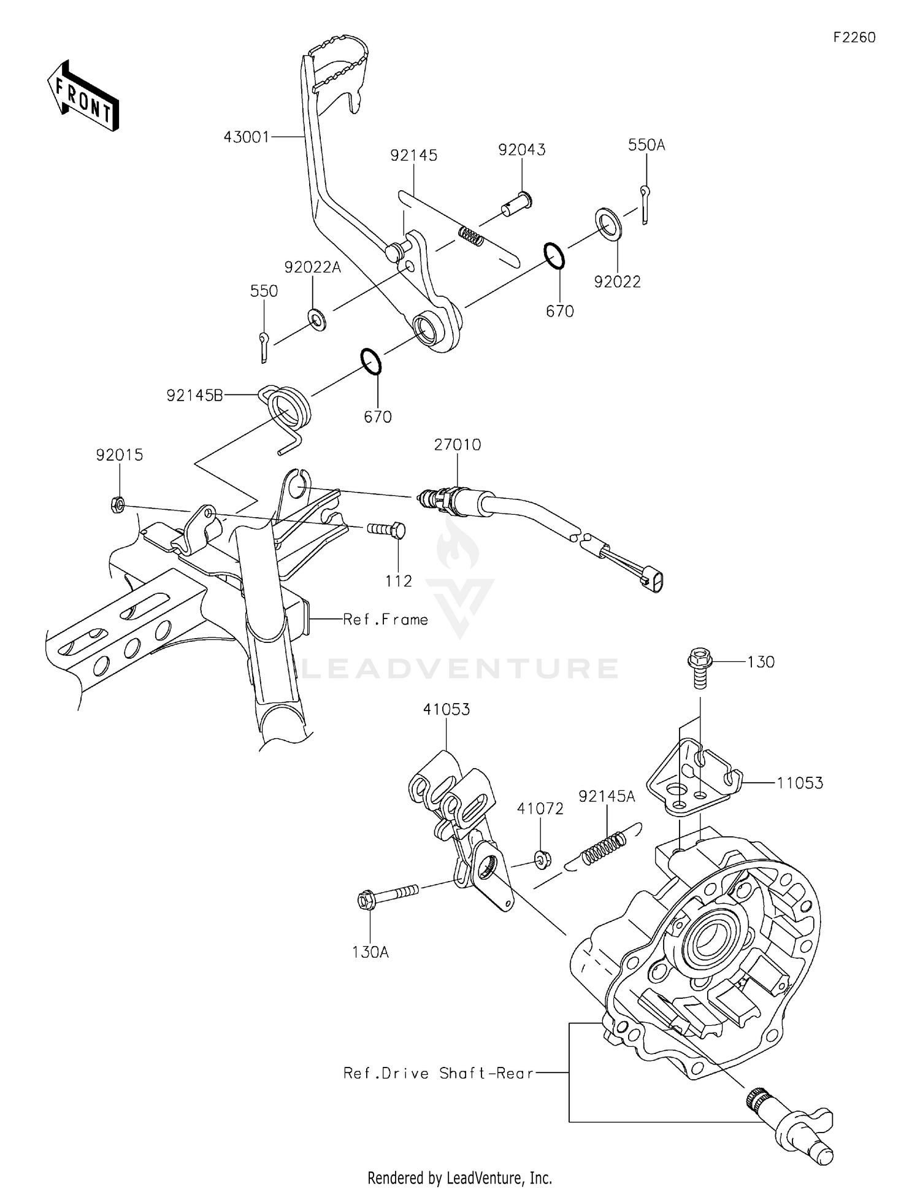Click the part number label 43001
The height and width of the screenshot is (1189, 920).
point(247,137)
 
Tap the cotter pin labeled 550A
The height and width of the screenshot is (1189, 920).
point(645,205)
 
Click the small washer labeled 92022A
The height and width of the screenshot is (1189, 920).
point(317,319)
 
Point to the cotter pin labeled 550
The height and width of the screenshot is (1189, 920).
point(263,347)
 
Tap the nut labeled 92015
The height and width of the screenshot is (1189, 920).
point(118,505)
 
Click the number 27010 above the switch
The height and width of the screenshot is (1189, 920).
point(458,445)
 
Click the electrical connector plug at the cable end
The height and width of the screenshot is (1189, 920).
point(653,579)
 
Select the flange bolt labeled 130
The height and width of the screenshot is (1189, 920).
point(700,669)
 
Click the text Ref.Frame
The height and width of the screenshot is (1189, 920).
point(385,620)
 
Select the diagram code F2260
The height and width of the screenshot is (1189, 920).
point(854,37)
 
